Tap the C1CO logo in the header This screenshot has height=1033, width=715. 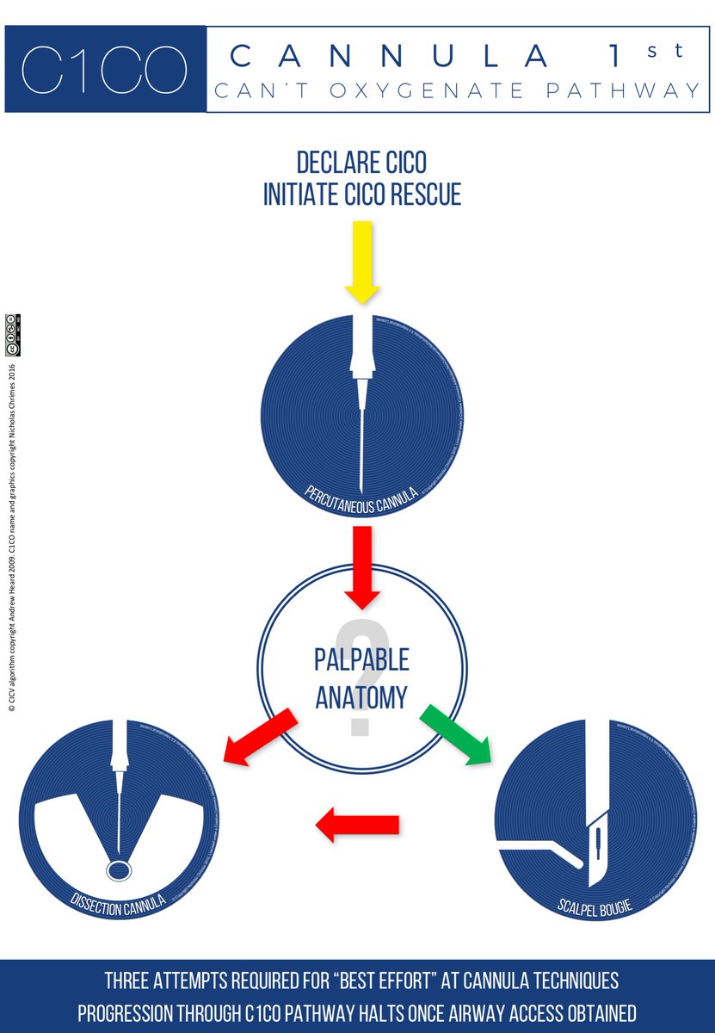[104, 69]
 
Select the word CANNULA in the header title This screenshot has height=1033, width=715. [391, 57]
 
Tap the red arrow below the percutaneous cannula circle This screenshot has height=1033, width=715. [362, 568]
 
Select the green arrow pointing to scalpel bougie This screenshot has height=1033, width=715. [455, 733]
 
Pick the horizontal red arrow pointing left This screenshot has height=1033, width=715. [357, 826]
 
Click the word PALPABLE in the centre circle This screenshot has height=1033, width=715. [361, 661]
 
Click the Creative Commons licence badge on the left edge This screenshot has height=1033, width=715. [12, 335]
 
